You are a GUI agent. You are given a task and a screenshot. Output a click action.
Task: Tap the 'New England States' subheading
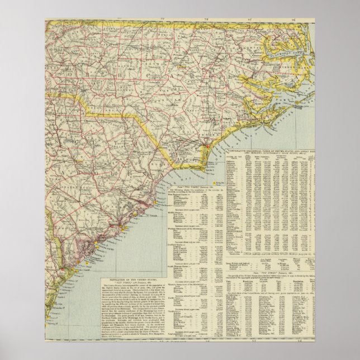tap(182, 196)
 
